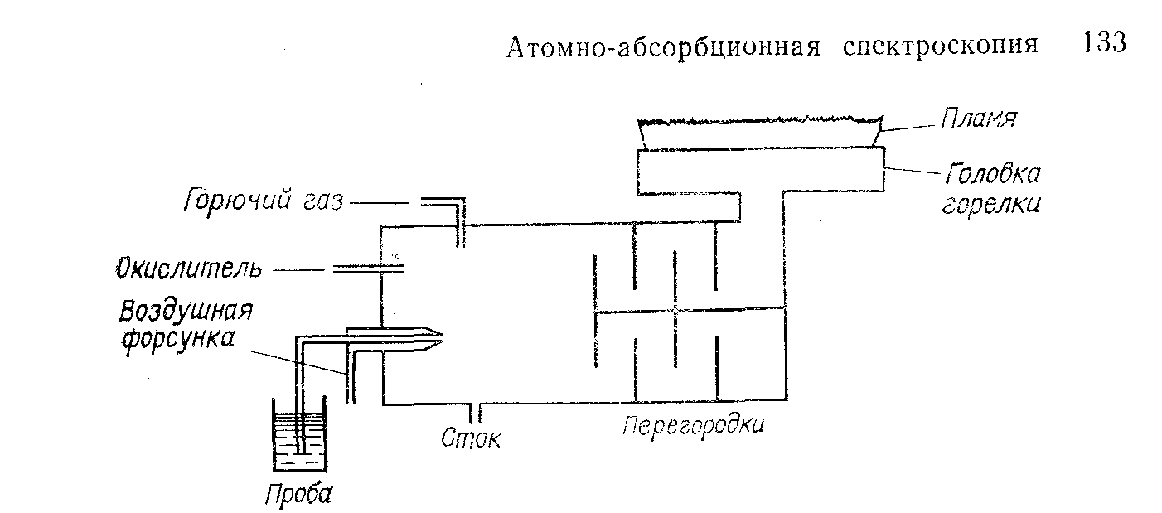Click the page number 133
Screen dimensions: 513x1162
coord(1104,43)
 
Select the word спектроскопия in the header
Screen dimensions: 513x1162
coord(940,46)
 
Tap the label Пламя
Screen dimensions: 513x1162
coord(978,119)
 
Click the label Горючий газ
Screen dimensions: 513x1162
coord(263,201)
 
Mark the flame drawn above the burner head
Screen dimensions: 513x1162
coord(758,133)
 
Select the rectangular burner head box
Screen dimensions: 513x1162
coord(758,169)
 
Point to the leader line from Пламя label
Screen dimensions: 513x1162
coord(909,125)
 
